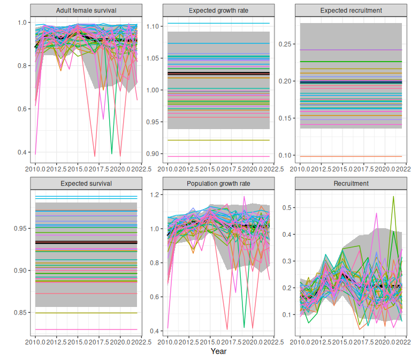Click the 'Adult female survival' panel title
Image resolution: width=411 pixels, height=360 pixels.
(x=86, y=11)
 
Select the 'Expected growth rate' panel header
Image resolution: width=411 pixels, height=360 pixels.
(x=218, y=11)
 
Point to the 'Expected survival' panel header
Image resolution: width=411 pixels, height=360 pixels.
(x=86, y=183)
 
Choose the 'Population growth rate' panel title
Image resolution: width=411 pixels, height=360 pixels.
(x=218, y=183)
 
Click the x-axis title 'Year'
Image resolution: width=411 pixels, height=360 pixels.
(x=218, y=351)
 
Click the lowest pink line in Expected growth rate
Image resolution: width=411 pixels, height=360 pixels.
(x=218, y=156)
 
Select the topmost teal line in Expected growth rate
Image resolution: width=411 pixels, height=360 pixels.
(x=218, y=23)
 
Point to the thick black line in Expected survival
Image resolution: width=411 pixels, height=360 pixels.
(x=86, y=243)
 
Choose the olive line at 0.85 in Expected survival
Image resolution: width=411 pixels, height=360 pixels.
(x=86, y=313)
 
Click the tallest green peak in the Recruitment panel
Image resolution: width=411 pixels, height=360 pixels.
(x=393, y=197)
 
